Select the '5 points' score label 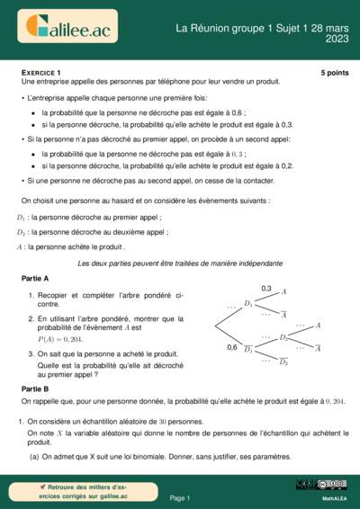pyautogui.click(x=334, y=72)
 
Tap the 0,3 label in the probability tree pyautogui.click(x=266, y=288)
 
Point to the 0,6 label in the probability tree pyautogui.click(x=231, y=347)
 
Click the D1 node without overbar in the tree pyautogui.click(x=249, y=304)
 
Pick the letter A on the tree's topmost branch pyautogui.click(x=284, y=291)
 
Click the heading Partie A pyautogui.click(x=35, y=279)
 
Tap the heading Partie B pyautogui.click(x=35, y=388)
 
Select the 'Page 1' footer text pyautogui.click(x=179, y=496)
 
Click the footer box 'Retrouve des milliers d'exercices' pyautogui.click(x=85, y=491)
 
